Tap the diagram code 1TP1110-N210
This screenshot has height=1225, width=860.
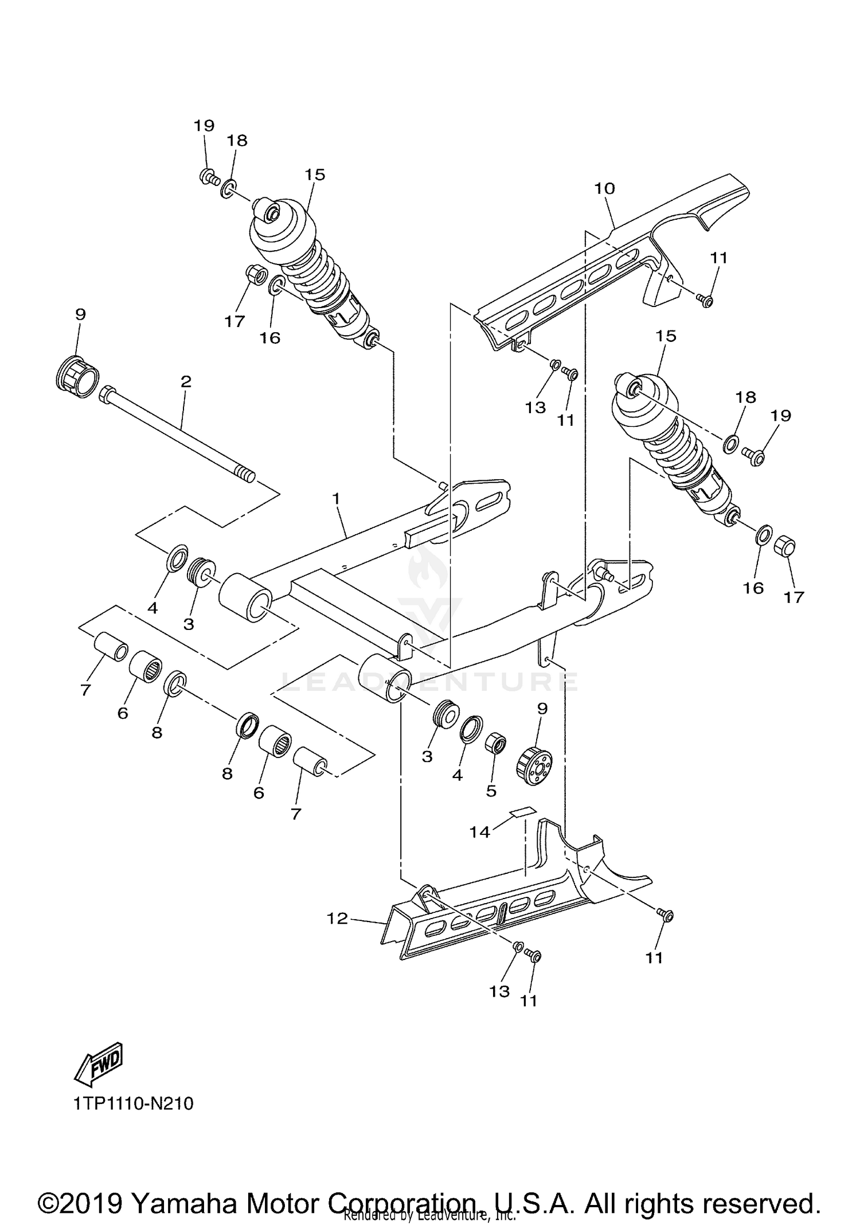point(134,1103)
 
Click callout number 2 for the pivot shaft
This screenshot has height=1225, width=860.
point(186,382)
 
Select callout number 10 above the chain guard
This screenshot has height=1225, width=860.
point(604,188)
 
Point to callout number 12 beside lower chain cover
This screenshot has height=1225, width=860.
point(337,919)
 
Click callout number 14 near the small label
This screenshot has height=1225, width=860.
point(480,832)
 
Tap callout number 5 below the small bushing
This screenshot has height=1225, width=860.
point(491,791)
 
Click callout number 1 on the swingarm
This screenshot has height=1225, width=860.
point(336,499)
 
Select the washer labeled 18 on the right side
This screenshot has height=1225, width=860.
point(732,444)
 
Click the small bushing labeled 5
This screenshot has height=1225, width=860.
point(495,745)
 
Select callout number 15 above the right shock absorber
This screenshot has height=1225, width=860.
point(666,336)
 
